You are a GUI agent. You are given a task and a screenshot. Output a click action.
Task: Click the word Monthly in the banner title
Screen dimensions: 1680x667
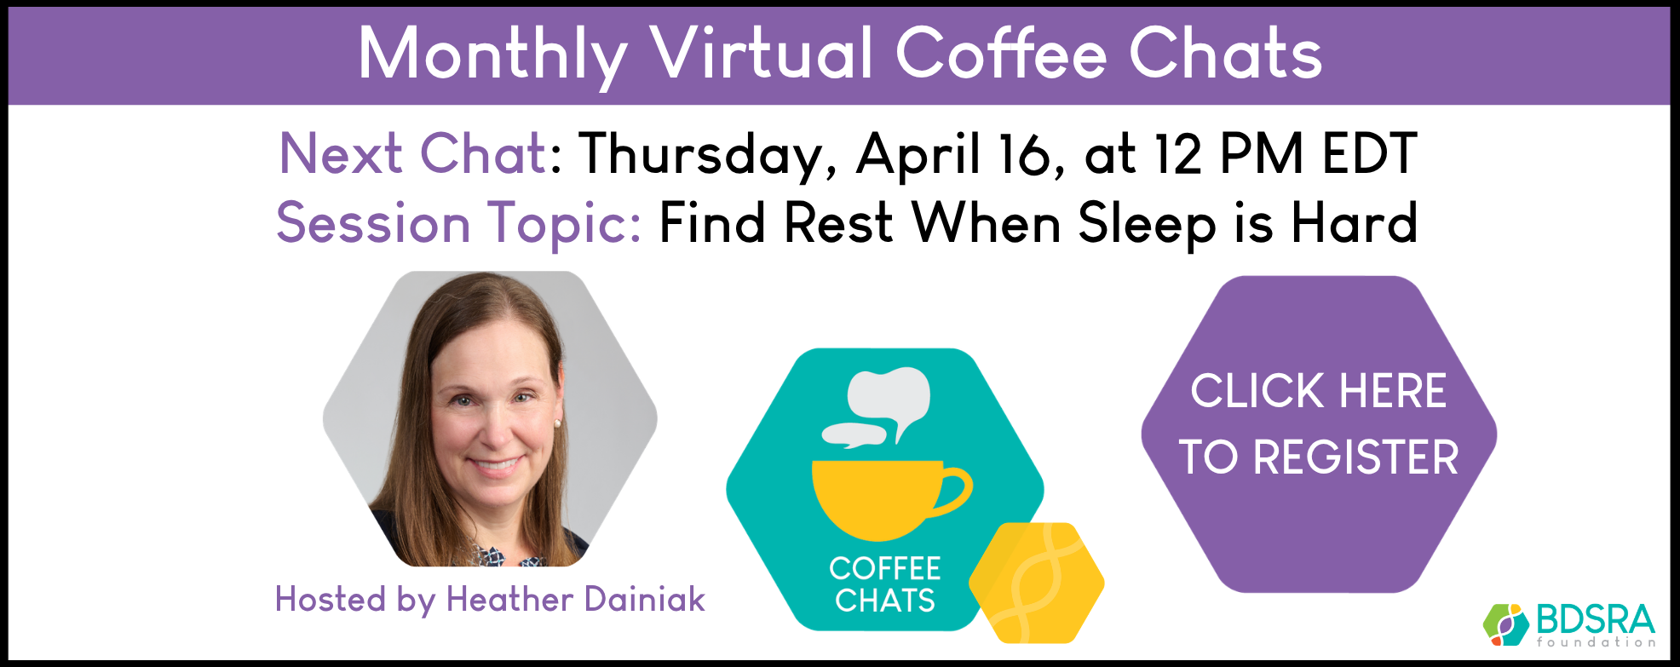[x=492, y=55]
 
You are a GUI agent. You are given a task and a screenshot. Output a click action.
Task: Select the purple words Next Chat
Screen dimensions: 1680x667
[x=413, y=154]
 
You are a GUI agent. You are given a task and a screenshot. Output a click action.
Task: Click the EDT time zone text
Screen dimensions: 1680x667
[x=1370, y=154]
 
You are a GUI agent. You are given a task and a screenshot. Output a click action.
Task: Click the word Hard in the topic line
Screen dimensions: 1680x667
[x=1355, y=223]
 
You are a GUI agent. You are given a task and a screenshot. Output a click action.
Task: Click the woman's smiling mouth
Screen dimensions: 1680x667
[x=497, y=465]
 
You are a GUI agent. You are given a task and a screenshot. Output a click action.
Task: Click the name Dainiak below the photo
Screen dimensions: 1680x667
[x=645, y=600]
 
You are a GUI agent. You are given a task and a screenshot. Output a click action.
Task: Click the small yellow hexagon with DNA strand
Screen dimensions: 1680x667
[x=1037, y=583]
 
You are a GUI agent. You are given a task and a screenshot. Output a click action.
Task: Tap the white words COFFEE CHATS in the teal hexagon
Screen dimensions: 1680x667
[x=885, y=584]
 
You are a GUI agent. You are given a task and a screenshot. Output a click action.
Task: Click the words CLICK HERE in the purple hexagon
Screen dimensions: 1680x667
[x=1319, y=391]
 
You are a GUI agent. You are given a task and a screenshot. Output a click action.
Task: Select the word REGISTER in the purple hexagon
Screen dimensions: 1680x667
[x=1356, y=457]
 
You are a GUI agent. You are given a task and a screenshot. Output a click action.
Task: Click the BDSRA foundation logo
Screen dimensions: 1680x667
[x=1569, y=625]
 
